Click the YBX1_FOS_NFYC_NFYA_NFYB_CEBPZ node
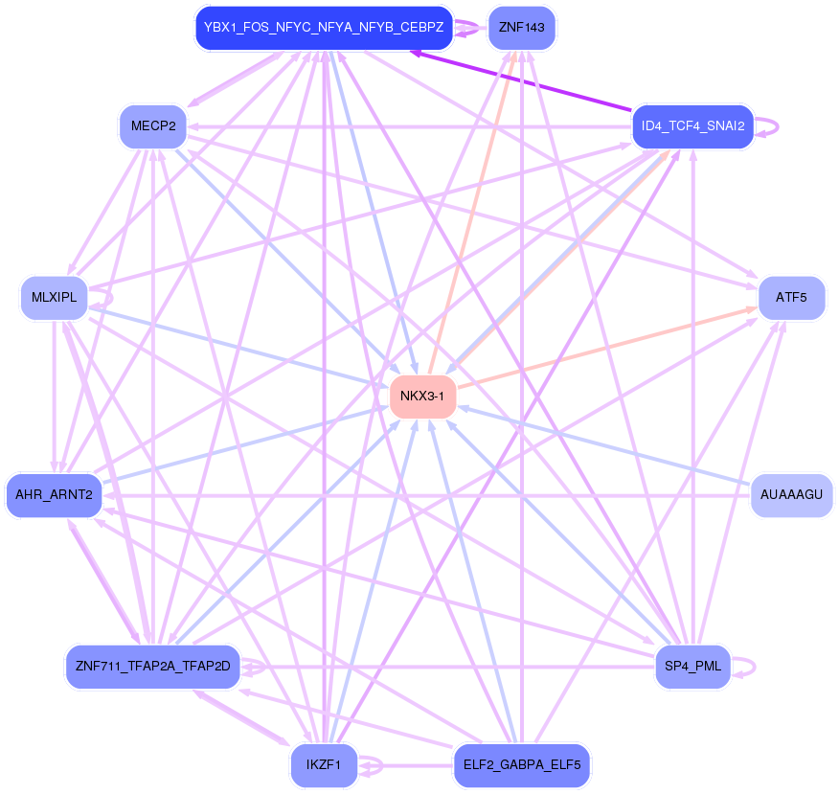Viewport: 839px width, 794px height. coord(324,28)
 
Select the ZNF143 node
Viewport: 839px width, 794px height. coord(521,28)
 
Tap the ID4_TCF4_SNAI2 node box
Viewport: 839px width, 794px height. coord(692,126)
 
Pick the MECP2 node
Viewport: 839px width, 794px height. coord(152,126)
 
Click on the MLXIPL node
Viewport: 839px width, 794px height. coord(54,297)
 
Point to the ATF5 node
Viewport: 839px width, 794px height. coord(791,297)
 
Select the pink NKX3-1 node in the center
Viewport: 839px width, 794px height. coord(422,396)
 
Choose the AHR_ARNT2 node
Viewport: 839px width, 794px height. coord(54,495)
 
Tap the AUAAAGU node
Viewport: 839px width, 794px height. coord(791,495)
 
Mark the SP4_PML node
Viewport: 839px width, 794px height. coord(692,666)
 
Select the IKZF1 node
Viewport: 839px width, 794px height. coord(324,765)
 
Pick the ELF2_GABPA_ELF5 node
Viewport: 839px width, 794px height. coord(521,765)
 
